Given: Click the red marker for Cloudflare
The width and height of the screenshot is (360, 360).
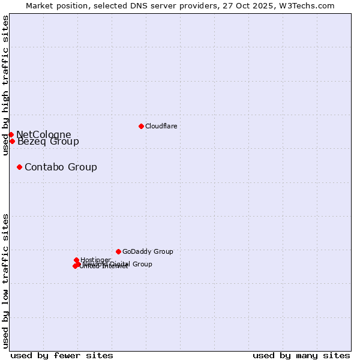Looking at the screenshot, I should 141,126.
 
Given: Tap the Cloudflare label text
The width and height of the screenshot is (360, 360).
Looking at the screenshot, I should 161,126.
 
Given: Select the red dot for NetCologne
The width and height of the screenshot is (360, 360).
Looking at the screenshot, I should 11,134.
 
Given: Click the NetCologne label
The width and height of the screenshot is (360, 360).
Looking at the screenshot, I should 43,134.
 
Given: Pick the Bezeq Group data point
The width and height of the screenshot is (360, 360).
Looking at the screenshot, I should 12,141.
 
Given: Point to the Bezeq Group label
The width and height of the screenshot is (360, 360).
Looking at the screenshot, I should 48,142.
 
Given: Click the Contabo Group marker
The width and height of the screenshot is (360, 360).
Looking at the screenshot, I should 20,167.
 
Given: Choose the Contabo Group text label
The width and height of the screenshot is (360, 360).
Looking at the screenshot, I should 61,167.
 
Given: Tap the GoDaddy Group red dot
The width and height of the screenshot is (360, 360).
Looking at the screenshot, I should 118,251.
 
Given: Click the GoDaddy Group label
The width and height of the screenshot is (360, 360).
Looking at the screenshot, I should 148,251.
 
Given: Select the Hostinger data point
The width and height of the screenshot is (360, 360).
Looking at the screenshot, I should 76,260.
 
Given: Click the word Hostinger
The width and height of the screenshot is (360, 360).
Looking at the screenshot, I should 95,260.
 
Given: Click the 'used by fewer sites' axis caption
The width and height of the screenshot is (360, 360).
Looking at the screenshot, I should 62,355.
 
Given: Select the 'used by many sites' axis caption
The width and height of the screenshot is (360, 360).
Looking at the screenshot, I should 301,355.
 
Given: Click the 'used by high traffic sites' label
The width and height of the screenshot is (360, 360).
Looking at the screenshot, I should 5,85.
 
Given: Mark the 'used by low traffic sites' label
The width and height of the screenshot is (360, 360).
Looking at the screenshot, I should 5,280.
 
